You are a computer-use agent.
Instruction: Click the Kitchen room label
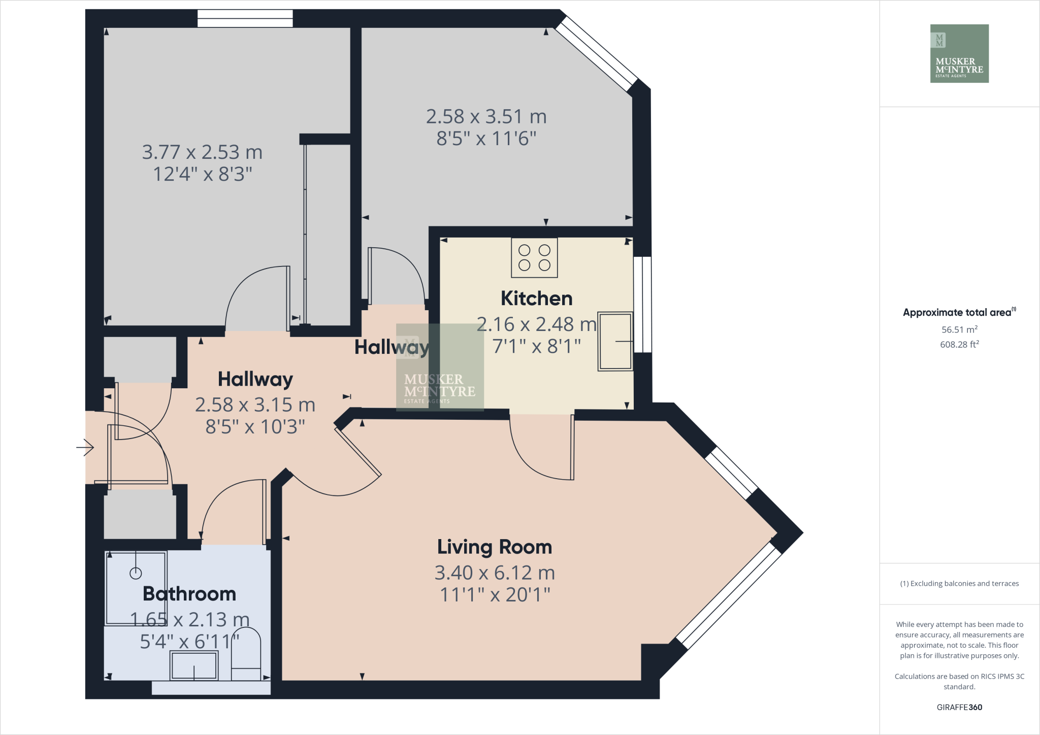(536, 298)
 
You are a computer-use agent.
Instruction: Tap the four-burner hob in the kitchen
(534, 258)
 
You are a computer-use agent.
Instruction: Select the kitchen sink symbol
(615, 341)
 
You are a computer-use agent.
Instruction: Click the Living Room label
(494, 547)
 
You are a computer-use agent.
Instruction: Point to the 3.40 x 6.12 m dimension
(494, 573)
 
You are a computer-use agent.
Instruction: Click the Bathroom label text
(189, 594)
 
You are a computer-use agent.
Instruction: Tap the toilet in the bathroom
(246, 655)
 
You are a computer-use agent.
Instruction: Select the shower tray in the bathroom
(136, 588)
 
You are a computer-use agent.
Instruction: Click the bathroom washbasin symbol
(194, 665)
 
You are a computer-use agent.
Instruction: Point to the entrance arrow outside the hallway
(85, 447)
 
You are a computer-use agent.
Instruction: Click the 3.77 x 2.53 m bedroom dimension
(202, 152)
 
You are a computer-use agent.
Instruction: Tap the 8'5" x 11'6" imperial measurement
(486, 138)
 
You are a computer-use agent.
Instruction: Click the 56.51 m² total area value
(959, 329)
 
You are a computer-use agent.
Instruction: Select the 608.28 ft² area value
(959, 344)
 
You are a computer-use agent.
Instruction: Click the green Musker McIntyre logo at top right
(959, 53)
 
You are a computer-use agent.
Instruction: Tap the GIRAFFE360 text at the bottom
(959, 707)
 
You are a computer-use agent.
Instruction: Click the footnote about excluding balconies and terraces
(959, 584)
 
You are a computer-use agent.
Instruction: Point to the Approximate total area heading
(959, 312)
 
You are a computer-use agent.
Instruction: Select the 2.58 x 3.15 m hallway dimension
(255, 405)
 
